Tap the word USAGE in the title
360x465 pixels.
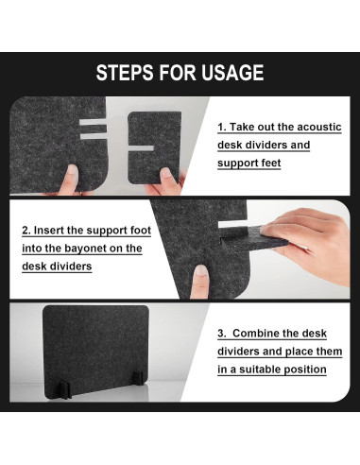(x=232, y=73)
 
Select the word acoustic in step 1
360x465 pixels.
(x=319, y=127)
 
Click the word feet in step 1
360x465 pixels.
(x=270, y=163)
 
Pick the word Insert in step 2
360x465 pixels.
(x=49, y=231)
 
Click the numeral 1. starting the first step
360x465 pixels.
(x=222, y=127)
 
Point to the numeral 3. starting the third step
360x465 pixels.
(x=222, y=334)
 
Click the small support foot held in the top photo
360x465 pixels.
(x=154, y=147)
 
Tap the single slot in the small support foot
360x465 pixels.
(x=141, y=148)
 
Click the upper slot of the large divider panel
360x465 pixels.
(x=93, y=122)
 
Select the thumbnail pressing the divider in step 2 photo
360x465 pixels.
(x=200, y=270)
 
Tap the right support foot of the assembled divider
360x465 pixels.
(x=138, y=378)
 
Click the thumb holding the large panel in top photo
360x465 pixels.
(x=71, y=179)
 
